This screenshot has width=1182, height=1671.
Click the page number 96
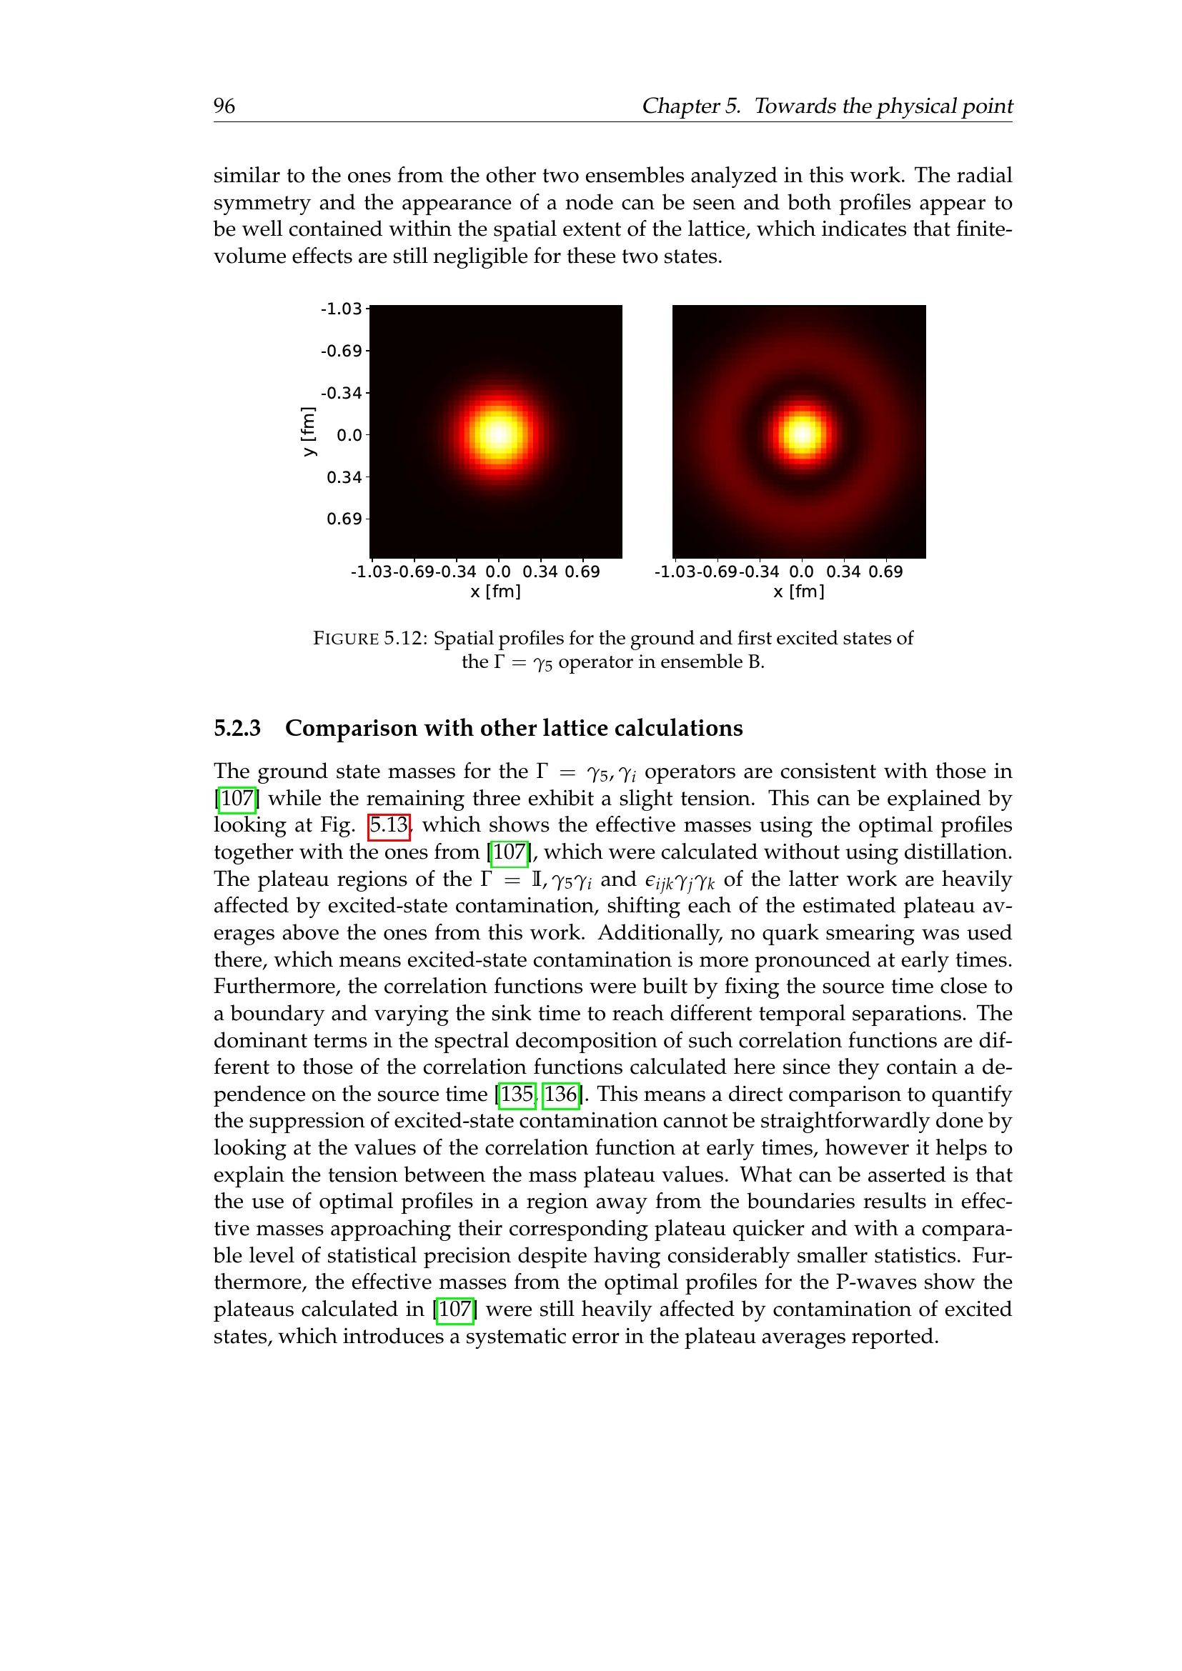coord(224,106)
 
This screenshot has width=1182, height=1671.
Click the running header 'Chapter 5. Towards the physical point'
coord(827,106)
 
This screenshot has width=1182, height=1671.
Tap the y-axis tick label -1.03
coord(342,309)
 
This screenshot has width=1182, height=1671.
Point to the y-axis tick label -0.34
coord(342,394)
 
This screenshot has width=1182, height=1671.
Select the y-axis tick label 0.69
coord(344,519)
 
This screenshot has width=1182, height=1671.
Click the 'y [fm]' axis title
coord(309,432)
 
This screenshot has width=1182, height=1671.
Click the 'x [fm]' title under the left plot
coord(496,592)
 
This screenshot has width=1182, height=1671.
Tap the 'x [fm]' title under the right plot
coord(799,592)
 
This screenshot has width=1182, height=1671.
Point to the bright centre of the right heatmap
coord(801,434)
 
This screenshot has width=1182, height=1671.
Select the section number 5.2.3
coord(237,729)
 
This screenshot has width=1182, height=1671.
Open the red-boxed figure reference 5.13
coord(389,825)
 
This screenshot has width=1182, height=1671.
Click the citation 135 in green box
coord(517,1094)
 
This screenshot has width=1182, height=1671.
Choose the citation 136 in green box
coord(561,1094)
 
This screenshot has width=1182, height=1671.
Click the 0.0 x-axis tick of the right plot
coord(801,572)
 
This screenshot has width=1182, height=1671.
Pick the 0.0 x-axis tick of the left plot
coord(499,572)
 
